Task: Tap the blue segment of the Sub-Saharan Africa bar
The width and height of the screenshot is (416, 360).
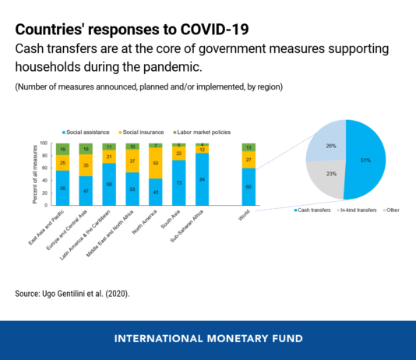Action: [x=202, y=178]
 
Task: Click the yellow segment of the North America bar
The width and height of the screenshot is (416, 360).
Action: [x=157, y=163]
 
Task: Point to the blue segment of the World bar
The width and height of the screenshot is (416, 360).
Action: [x=249, y=186]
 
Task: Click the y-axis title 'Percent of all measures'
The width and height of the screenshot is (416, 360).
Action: [x=35, y=174]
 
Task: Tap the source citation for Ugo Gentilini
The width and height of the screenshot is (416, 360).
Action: [x=69, y=294]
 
